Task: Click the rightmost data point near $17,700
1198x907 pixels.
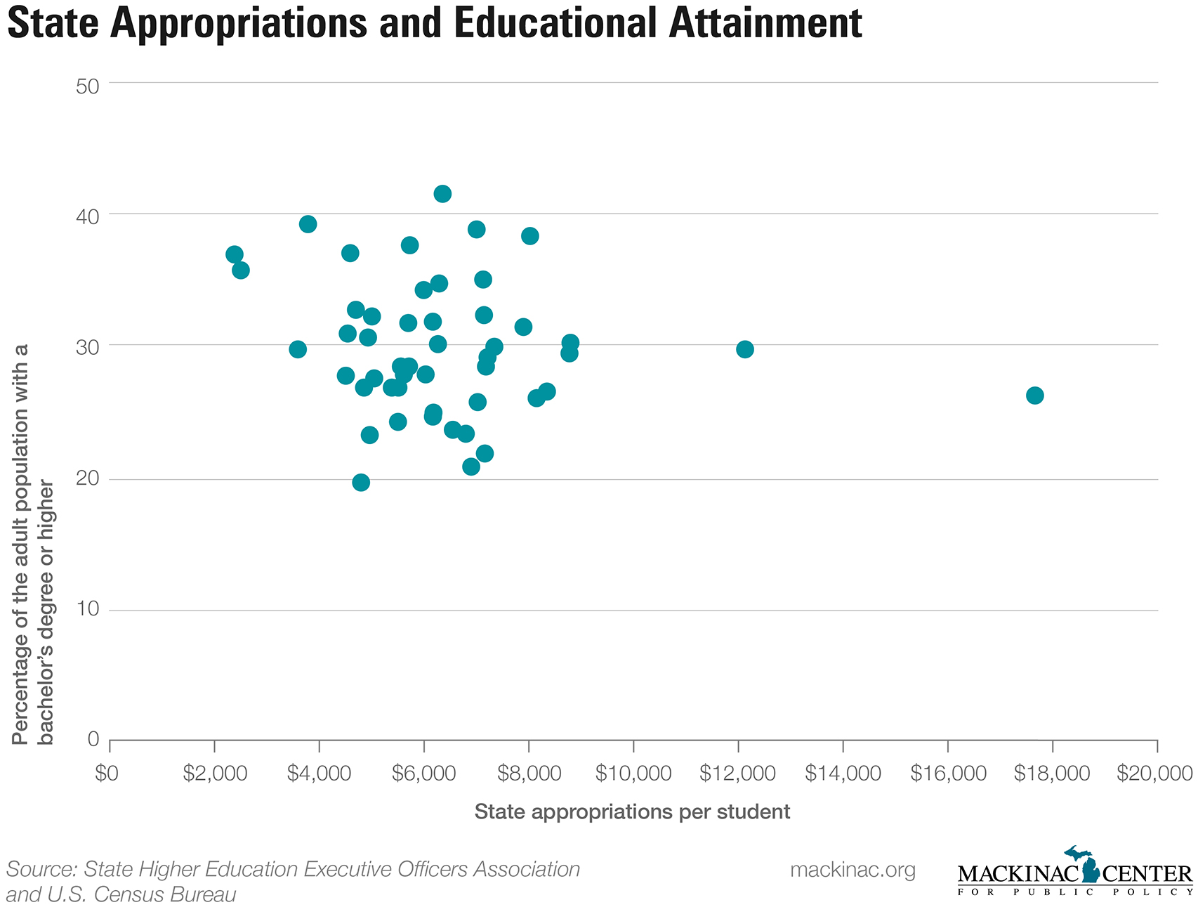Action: pyautogui.click(x=1034, y=396)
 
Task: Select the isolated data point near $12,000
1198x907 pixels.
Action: pyautogui.click(x=744, y=349)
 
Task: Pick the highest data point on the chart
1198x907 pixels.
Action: pyautogui.click(x=442, y=194)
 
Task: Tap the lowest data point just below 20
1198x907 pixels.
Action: pyautogui.click(x=361, y=483)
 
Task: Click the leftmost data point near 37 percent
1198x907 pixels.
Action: pyautogui.click(x=235, y=254)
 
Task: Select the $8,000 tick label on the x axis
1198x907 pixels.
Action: pyautogui.click(x=528, y=774)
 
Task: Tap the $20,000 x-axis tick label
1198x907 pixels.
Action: pyautogui.click(x=1155, y=774)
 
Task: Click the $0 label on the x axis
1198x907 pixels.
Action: pyautogui.click(x=109, y=774)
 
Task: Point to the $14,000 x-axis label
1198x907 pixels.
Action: pyautogui.click(x=843, y=774)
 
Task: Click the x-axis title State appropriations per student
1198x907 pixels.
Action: pyautogui.click(x=632, y=811)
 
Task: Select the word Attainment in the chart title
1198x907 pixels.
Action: pyautogui.click(x=765, y=23)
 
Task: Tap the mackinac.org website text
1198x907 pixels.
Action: pyautogui.click(x=853, y=870)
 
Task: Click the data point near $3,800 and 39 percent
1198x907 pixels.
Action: pyautogui.click(x=308, y=224)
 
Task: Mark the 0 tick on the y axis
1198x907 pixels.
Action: pyautogui.click(x=93, y=739)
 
